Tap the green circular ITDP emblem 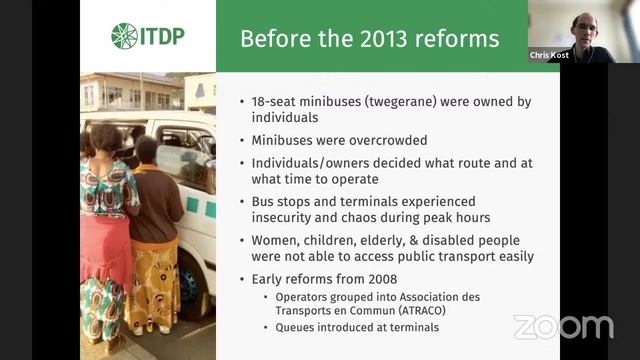pyautogui.click(x=124, y=36)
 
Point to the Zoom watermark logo pyautogui.click(x=563, y=327)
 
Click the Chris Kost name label pyautogui.click(x=549, y=55)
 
